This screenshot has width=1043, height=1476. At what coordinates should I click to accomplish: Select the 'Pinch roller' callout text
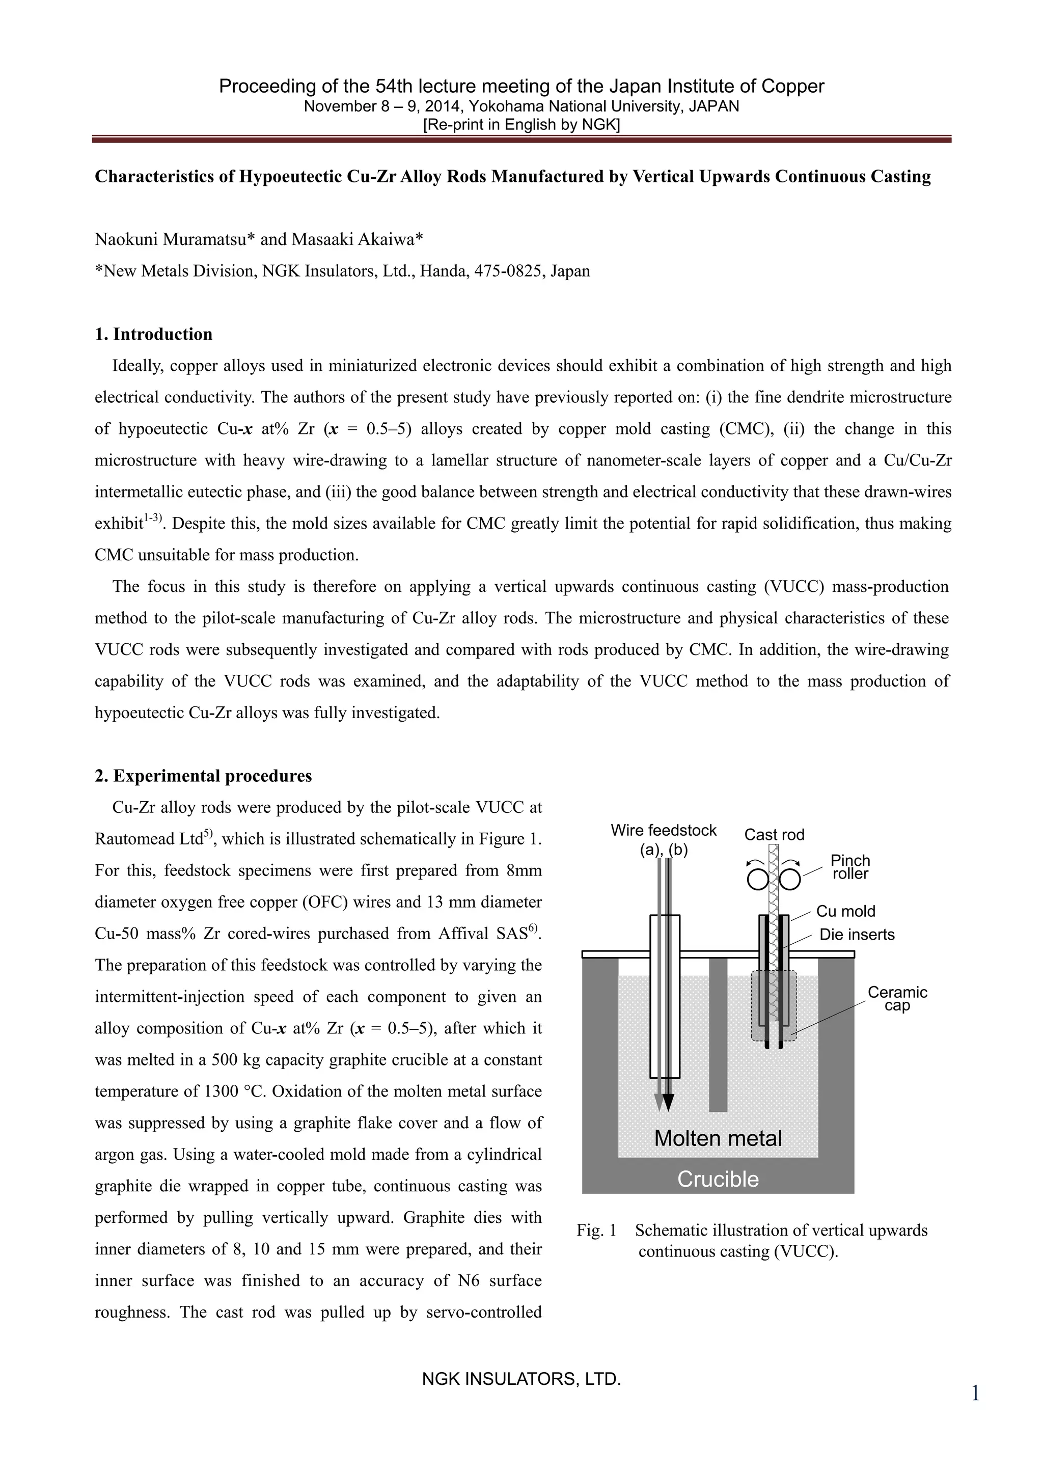pos(849,867)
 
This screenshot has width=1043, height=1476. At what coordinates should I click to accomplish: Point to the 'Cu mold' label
pos(846,911)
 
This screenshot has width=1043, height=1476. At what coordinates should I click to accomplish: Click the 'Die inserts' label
pos(857,935)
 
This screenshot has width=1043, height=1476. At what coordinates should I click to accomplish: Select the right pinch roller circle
pos(790,879)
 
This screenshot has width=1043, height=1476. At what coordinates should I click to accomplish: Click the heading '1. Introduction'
pos(154,334)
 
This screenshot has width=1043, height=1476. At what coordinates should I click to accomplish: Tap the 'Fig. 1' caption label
pos(596,1231)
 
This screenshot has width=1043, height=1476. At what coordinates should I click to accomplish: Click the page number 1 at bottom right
pos(975,1393)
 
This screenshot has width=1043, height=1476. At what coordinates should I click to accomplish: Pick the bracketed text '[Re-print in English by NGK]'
pos(521,125)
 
